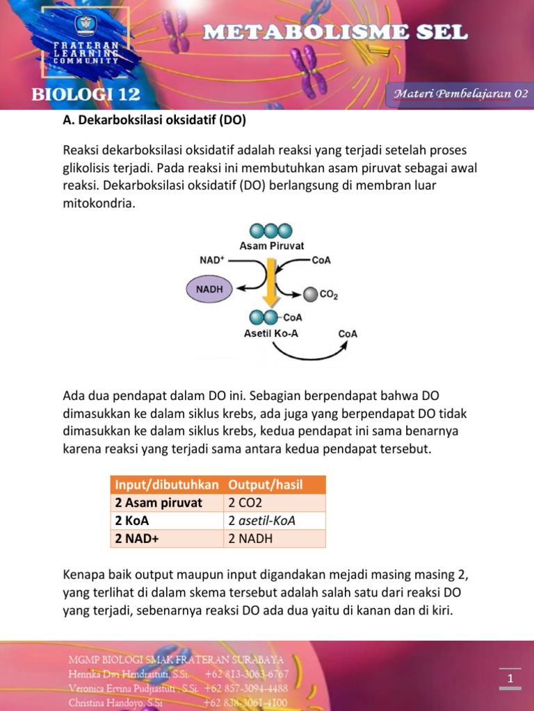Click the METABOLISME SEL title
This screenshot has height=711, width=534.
click(336, 32)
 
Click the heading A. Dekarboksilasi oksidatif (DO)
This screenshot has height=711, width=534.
click(154, 120)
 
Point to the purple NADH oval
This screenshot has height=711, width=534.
click(210, 289)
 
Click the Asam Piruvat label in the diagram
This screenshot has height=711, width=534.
click(271, 246)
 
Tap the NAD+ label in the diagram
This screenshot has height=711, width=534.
click(212, 260)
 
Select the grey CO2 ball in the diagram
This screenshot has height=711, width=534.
click(310, 294)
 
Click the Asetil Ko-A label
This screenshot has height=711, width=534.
click(271, 333)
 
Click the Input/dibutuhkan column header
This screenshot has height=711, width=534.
click(167, 485)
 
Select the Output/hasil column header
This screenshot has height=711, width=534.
click(266, 485)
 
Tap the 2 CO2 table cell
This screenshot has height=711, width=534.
click(245, 503)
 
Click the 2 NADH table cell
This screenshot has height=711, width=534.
click(250, 539)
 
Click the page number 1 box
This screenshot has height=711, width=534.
click(510, 678)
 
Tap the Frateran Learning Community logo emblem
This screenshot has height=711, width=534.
click(87, 28)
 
